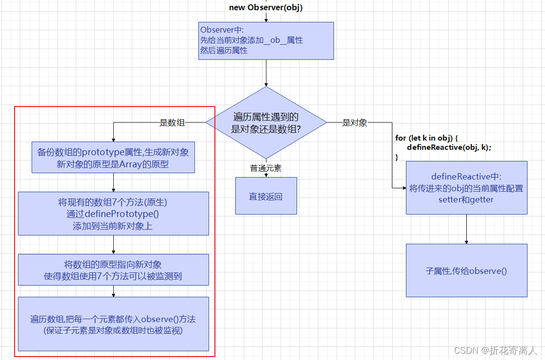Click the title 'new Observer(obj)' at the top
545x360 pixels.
[266, 7]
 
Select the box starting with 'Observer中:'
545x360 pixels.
[266, 41]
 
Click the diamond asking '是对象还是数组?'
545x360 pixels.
[266, 123]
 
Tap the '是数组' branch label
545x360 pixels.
[172, 123]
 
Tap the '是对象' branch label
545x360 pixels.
[354, 123]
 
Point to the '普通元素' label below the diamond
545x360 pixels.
[266, 168]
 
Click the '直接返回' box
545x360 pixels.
[266, 196]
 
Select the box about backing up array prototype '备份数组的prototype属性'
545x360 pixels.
[113, 158]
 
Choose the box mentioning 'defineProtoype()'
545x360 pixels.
[113, 214]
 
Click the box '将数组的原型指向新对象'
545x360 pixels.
[113, 270]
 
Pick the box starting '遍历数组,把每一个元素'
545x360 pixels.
[113, 324]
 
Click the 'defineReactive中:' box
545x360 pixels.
[466, 188]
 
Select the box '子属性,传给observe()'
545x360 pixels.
[466, 270]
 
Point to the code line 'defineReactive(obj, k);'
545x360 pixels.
[449, 147]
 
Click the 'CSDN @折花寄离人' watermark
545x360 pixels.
[495, 350]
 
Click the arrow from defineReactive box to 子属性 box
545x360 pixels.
[466, 229]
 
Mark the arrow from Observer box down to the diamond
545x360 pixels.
[266, 73]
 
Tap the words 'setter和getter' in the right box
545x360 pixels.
[466, 199]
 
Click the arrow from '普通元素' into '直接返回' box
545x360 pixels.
[266, 175]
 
